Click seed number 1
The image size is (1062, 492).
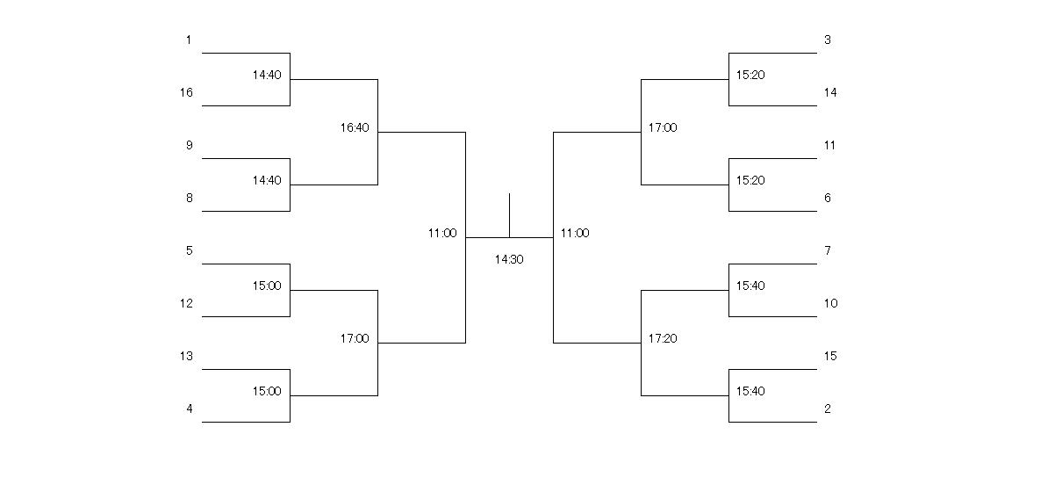pyautogui.click(x=188, y=40)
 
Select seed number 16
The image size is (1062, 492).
pyautogui.click(x=186, y=92)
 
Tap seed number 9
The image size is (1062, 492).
pyautogui.click(x=190, y=145)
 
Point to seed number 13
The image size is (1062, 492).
pyautogui.click(x=186, y=356)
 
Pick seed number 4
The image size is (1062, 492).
pyautogui.click(x=190, y=409)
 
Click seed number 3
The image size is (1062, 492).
pyautogui.click(x=828, y=40)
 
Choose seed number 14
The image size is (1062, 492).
pyautogui.click(x=830, y=92)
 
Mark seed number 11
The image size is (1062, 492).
pyautogui.click(x=829, y=145)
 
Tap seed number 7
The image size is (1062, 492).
pyautogui.click(x=828, y=250)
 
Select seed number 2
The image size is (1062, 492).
pyautogui.click(x=828, y=409)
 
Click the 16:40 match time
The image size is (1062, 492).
pyautogui.click(x=355, y=127)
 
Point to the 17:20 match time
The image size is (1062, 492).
pyautogui.click(x=663, y=338)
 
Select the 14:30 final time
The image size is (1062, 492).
pyautogui.click(x=509, y=259)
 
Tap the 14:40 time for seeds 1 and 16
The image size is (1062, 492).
pyautogui.click(x=267, y=75)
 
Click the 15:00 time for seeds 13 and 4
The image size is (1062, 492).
pyautogui.click(x=267, y=391)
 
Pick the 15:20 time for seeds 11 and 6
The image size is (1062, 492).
pyautogui.click(x=750, y=180)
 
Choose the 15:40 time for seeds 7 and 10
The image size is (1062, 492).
pyautogui.click(x=750, y=286)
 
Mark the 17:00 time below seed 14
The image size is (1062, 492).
pyautogui.click(x=663, y=127)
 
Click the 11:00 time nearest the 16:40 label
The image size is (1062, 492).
pyautogui.click(x=442, y=233)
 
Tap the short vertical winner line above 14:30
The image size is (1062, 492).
pyautogui.click(x=510, y=215)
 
